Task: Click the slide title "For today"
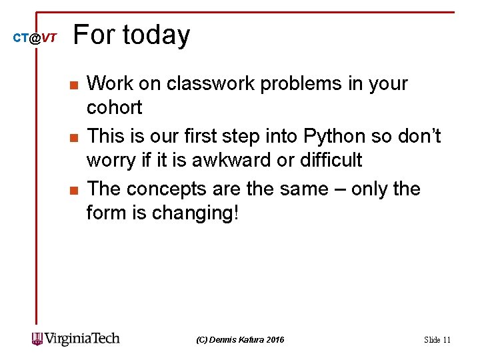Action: [x=131, y=35]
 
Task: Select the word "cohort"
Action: [x=114, y=107]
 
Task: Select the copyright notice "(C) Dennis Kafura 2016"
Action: [x=240, y=340]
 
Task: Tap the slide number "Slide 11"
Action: [x=437, y=340]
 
